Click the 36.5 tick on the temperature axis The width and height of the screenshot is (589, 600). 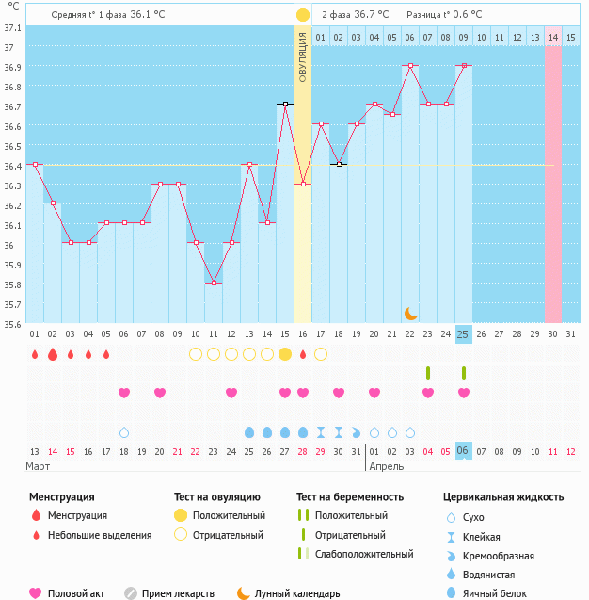click(x=11, y=146)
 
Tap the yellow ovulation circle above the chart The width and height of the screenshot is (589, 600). click(x=303, y=15)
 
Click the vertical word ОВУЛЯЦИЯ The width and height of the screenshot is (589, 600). click(x=302, y=57)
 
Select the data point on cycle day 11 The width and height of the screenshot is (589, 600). click(x=214, y=283)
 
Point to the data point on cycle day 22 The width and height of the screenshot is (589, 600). click(x=410, y=66)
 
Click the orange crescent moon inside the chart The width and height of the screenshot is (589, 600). click(x=410, y=313)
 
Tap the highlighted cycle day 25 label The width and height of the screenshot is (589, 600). click(x=464, y=334)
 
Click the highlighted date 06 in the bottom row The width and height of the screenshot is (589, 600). click(x=464, y=451)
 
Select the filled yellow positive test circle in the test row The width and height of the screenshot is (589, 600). click(x=285, y=354)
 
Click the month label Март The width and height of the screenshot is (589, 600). click(x=39, y=466)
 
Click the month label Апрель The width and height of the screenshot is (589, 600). click(x=386, y=466)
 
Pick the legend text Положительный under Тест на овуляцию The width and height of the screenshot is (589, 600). click(x=229, y=515)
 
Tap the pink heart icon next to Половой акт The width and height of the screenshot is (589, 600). click(x=36, y=593)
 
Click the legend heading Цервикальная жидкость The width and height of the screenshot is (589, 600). click(x=503, y=496)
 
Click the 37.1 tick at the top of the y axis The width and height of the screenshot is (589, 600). click(x=11, y=28)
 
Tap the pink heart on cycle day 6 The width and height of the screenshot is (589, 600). click(x=124, y=393)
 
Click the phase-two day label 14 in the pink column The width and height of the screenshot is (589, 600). click(x=553, y=37)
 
